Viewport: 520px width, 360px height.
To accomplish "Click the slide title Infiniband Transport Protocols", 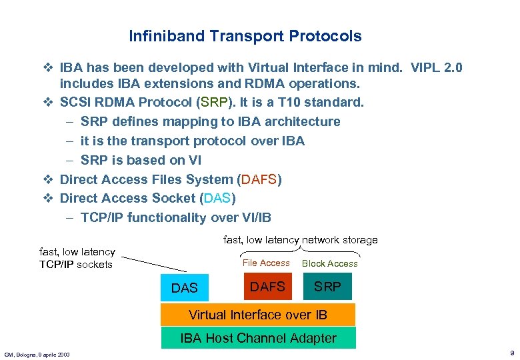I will click(245, 36).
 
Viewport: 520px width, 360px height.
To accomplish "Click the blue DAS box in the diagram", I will click(185, 287).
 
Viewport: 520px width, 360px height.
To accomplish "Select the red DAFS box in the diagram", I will click(267, 287).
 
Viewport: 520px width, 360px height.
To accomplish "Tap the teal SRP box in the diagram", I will click(327, 287).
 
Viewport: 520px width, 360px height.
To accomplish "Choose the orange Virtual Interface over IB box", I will click(258, 315).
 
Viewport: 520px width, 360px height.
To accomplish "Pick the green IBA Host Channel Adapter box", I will click(258, 338).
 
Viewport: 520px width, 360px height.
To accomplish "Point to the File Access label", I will click(266, 263).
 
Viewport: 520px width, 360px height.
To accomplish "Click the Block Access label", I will click(329, 263).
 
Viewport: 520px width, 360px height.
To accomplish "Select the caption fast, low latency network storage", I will click(300, 239).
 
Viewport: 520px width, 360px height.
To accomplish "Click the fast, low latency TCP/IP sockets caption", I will click(77, 258).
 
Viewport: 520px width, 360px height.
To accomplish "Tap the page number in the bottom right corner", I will click(510, 353).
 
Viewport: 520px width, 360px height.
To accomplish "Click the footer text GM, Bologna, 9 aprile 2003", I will click(37, 354).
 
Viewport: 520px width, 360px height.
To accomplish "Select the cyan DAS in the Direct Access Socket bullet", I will click(217, 198).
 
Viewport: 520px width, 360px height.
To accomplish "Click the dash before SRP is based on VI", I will click(70, 160).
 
